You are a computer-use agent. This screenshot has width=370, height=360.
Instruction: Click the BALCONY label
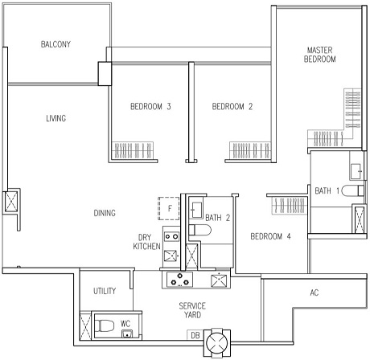tap(55, 44)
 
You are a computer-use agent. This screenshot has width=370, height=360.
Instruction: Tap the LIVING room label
tap(56, 118)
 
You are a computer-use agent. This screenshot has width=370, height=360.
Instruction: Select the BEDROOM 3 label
tap(150, 107)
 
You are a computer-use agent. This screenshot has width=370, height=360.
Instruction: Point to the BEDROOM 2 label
tap(232, 107)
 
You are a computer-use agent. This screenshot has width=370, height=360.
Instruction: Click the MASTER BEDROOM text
tap(319, 55)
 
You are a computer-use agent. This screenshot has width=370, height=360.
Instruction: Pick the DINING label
tap(105, 213)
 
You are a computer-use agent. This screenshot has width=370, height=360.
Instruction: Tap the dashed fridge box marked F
tap(169, 209)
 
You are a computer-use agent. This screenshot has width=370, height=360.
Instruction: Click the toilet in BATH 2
tap(200, 230)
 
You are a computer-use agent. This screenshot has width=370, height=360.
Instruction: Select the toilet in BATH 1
tap(352, 190)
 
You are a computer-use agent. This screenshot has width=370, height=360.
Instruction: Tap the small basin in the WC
tap(127, 333)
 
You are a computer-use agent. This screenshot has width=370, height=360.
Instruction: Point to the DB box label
tap(195, 335)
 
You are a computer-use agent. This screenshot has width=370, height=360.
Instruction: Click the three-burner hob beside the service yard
tap(180, 279)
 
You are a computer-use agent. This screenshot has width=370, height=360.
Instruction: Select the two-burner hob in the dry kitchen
tap(171, 236)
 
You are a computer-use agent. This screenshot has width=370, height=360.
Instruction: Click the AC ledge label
tap(314, 292)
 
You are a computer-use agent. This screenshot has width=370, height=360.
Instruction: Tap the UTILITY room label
tap(105, 291)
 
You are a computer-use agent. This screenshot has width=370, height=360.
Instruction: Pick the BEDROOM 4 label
tap(270, 236)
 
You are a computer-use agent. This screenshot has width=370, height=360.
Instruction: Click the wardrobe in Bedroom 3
tap(133, 150)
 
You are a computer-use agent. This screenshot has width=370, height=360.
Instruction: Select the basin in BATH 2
tap(196, 210)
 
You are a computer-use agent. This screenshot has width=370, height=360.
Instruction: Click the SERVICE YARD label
tap(192, 310)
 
